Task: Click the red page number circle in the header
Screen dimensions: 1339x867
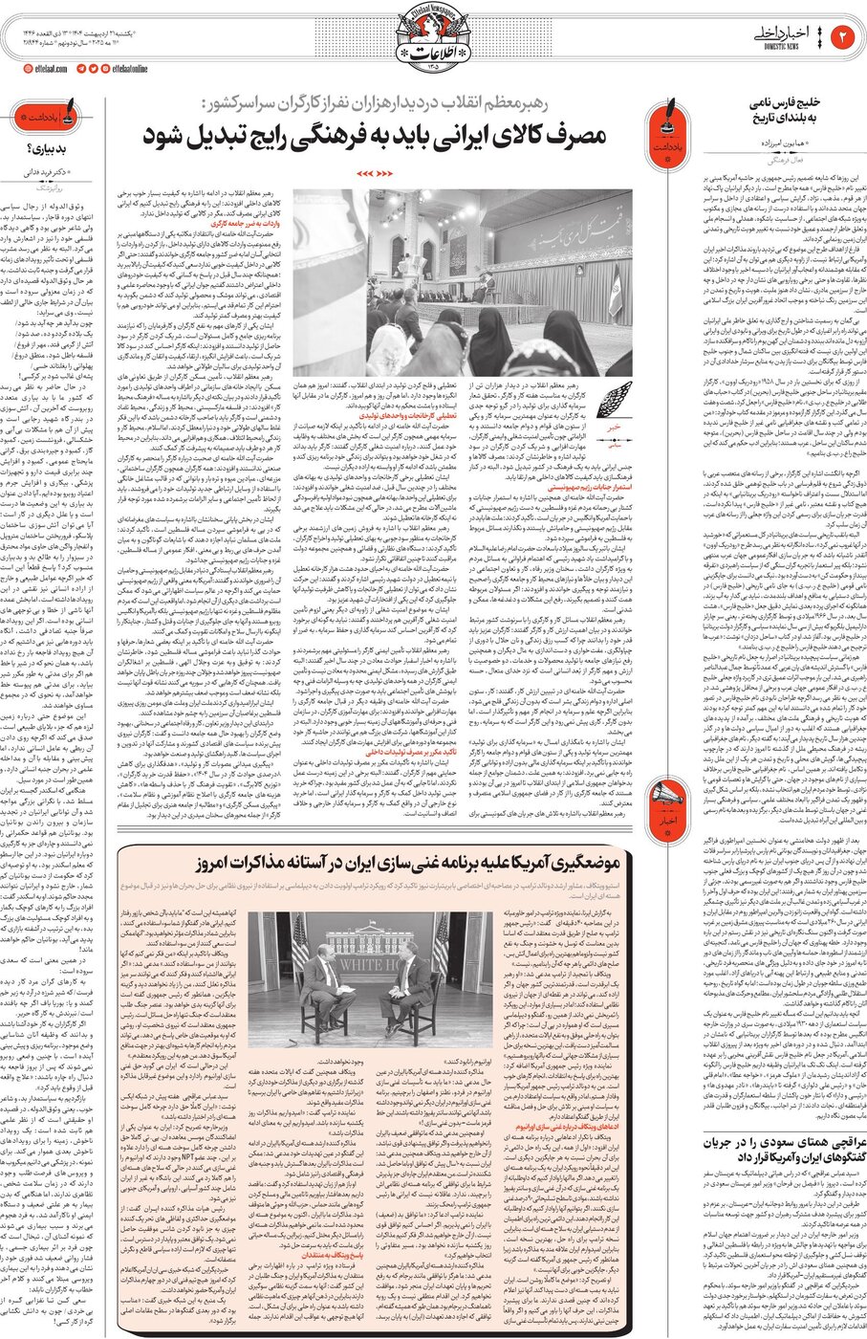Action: pyautogui.click(x=844, y=37)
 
